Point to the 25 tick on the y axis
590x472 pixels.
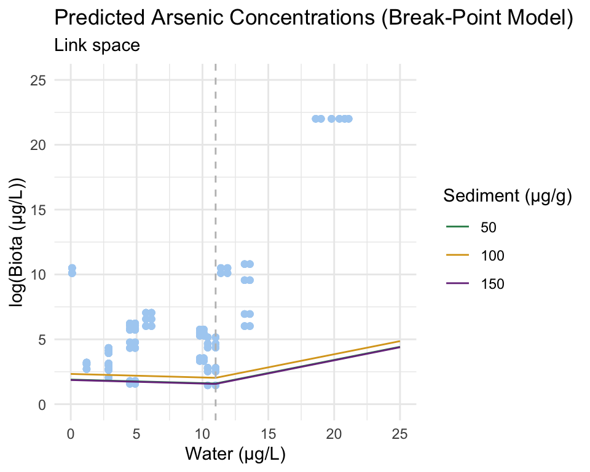44,80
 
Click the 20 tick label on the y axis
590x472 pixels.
44,145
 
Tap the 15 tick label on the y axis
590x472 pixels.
44,210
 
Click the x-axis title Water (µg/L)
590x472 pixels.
235,455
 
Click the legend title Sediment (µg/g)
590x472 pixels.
508,197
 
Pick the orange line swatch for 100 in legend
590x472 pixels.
457,255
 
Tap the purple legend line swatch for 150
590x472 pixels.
457,283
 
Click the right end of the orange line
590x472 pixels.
399,341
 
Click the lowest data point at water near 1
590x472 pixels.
87,369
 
